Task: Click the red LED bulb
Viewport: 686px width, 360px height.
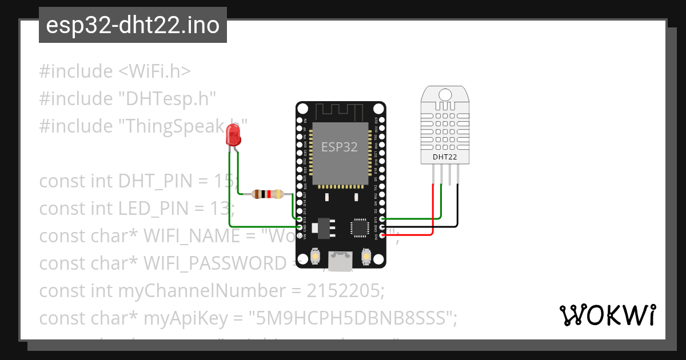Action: click(x=233, y=135)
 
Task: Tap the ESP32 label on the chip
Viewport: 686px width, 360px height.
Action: click(x=339, y=147)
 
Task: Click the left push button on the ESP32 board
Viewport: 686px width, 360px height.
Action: click(x=315, y=258)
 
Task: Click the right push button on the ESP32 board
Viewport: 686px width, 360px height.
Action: click(x=366, y=258)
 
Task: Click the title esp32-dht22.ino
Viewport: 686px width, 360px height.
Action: click(x=133, y=25)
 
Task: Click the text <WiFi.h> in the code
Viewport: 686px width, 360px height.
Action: click(x=154, y=71)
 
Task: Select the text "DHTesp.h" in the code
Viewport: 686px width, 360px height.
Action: click(x=167, y=98)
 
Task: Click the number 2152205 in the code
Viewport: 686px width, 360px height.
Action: click(x=345, y=290)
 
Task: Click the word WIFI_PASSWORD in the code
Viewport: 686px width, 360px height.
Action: click(x=214, y=263)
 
